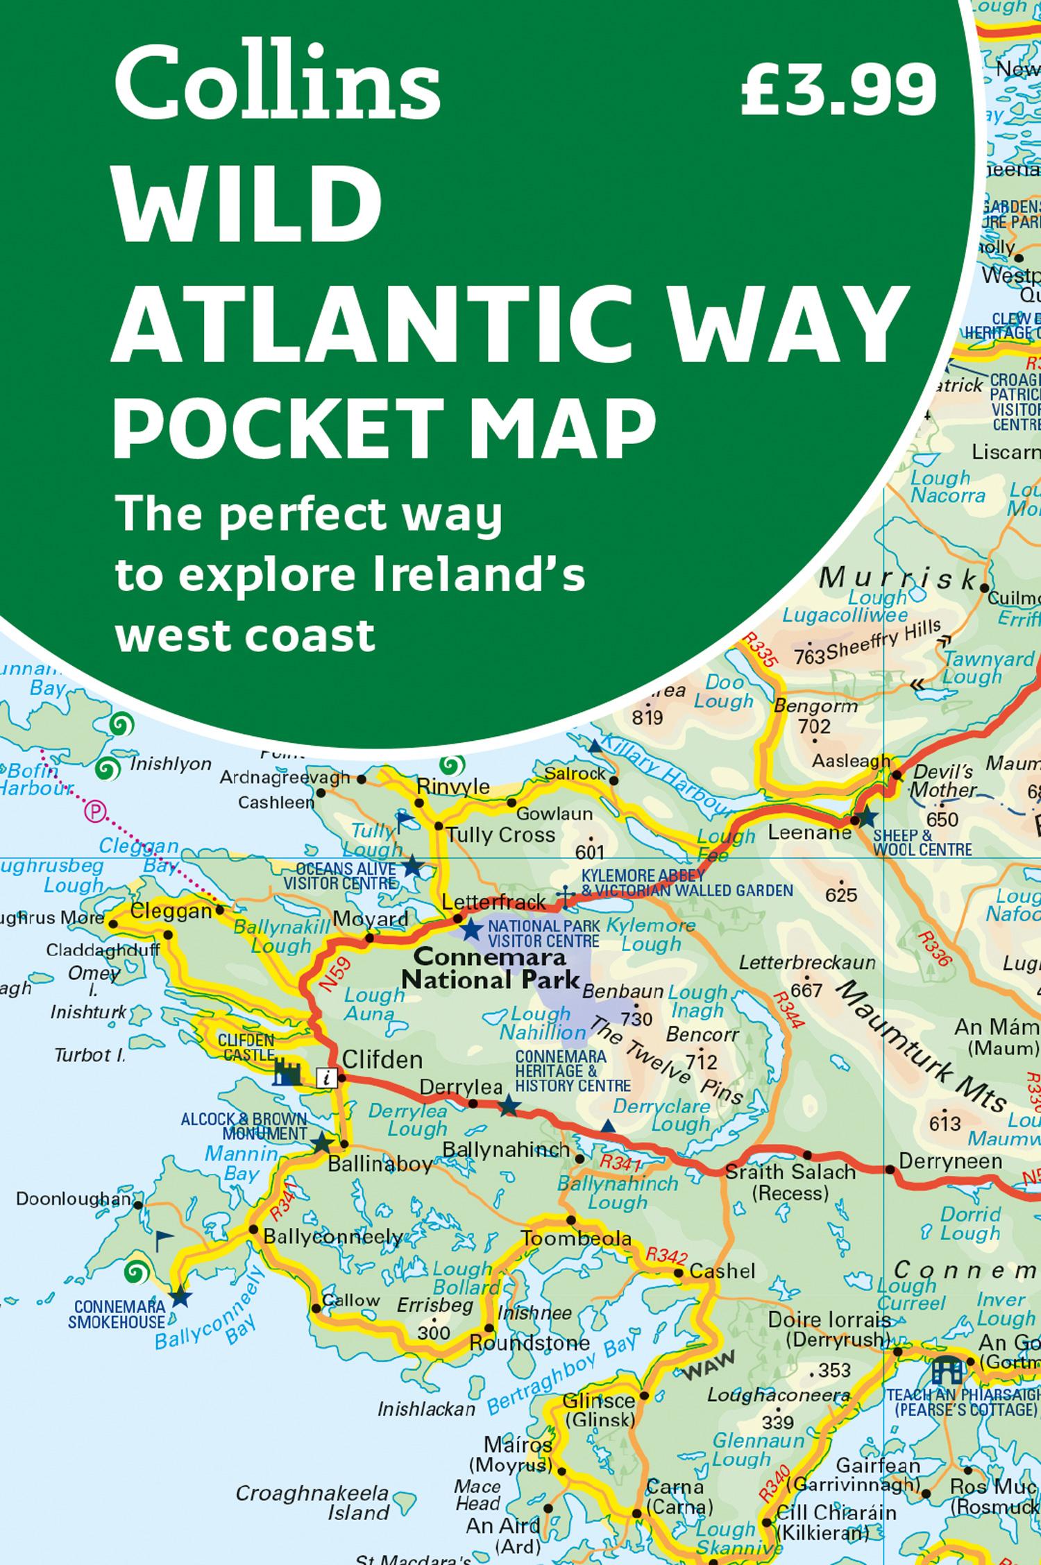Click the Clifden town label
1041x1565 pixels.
coord(382,1059)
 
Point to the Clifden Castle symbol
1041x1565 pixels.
coord(287,1072)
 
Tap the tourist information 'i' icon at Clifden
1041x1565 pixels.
coord(326,1077)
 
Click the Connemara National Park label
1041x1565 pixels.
coord(491,969)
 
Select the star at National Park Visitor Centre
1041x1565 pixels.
coord(472,929)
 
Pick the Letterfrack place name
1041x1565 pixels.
coord(494,902)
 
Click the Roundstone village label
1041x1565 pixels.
coord(530,1343)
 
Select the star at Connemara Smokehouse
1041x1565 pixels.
coord(180,1294)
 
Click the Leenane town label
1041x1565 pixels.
coord(809,831)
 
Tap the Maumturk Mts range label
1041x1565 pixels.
coord(924,1047)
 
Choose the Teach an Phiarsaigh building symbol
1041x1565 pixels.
coord(947,1369)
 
